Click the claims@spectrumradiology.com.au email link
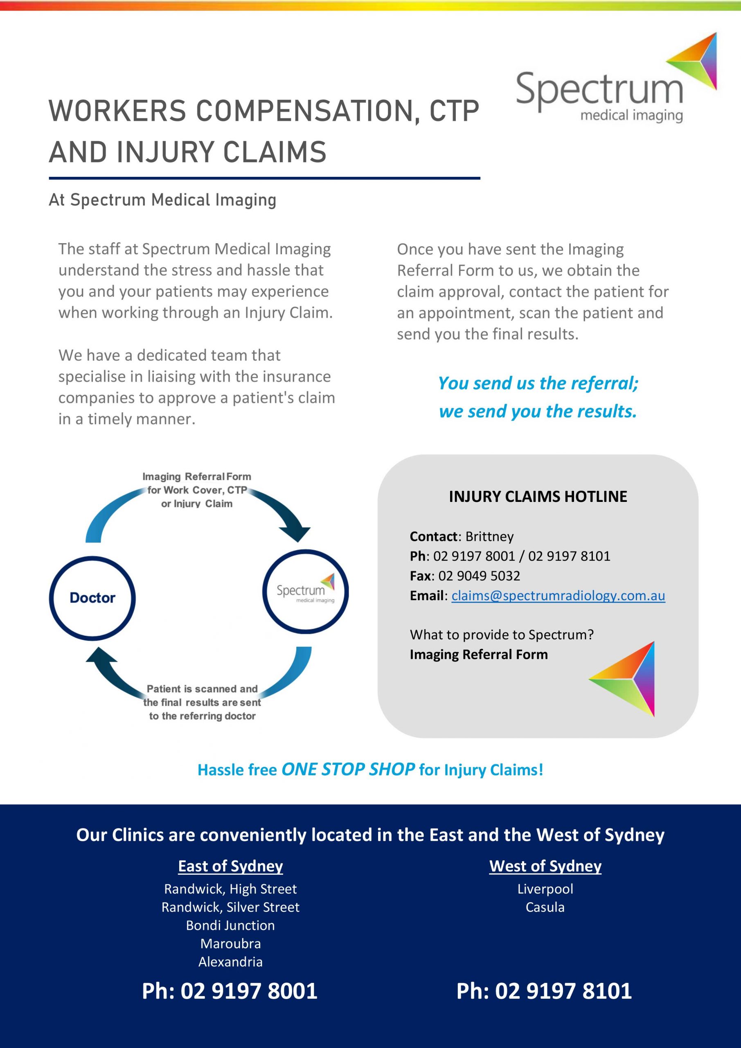[x=558, y=596]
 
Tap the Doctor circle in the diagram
[x=92, y=598]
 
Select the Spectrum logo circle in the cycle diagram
[x=305, y=592]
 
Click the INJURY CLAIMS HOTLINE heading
[x=538, y=497]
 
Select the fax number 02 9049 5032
[x=479, y=576]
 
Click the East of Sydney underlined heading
[x=230, y=866]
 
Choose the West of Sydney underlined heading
[x=545, y=866]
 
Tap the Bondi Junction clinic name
[x=230, y=925]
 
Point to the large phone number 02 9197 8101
[x=544, y=992]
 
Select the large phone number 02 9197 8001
[x=230, y=992]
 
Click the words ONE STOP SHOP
[x=348, y=770]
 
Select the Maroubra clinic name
[x=230, y=944]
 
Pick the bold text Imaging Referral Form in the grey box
[x=479, y=655]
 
